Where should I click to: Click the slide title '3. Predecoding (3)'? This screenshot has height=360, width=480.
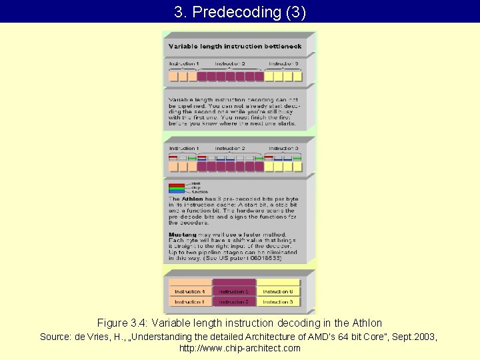point(240,12)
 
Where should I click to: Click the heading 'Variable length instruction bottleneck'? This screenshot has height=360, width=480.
point(235,47)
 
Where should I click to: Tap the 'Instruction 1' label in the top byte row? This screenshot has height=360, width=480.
point(183,63)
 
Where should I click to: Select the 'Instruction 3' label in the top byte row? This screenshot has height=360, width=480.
point(283,63)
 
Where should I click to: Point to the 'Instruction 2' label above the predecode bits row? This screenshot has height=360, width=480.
point(230,148)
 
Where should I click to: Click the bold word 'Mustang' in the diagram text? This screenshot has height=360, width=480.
point(183,235)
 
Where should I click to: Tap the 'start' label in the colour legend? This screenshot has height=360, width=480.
point(195,183)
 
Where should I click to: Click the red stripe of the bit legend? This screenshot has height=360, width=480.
point(177,185)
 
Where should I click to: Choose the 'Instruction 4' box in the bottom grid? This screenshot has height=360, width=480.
point(189,291)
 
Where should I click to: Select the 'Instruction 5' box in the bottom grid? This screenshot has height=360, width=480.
point(234,291)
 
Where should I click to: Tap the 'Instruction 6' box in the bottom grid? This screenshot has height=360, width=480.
point(277,291)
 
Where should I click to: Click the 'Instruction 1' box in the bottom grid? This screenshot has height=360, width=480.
point(189,302)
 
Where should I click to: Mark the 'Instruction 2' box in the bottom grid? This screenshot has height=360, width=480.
point(234,302)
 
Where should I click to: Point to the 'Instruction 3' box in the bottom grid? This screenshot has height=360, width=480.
point(277,302)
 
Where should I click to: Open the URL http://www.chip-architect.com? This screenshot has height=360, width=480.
point(240,348)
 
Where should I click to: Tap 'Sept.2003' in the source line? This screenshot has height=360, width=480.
point(416,337)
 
